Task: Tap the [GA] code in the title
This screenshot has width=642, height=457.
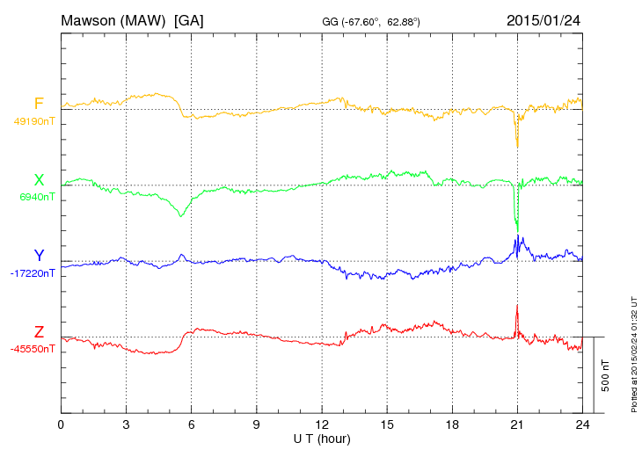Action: click(x=189, y=19)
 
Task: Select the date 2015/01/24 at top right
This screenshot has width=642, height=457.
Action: click(x=544, y=19)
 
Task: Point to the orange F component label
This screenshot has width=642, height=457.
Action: click(x=39, y=105)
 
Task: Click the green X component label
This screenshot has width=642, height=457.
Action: click(x=39, y=180)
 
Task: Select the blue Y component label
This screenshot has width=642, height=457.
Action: click(x=39, y=256)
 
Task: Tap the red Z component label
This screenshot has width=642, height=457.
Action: click(x=39, y=332)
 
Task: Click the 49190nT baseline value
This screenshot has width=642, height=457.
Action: click(x=33, y=121)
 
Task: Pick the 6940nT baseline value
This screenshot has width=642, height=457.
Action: click(x=37, y=197)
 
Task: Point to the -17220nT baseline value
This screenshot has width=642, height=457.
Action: click(x=33, y=273)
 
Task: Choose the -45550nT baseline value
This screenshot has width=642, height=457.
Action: click(x=33, y=349)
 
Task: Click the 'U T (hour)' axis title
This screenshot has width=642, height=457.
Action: click(x=322, y=438)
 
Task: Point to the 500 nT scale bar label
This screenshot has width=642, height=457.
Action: click(x=606, y=375)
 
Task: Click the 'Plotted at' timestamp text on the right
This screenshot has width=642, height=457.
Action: click(x=634, y=352)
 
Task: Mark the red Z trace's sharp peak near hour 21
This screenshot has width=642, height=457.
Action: click(x=517, y=306)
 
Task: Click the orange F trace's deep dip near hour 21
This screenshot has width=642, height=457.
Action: click(x=517, y=146)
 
